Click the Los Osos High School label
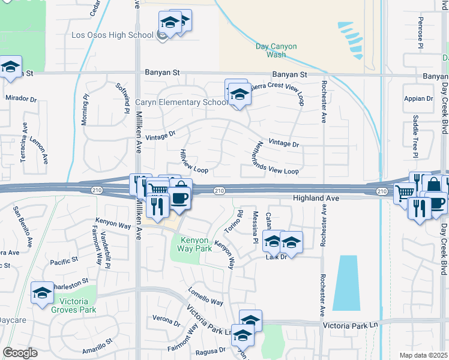113,35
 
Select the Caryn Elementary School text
181,102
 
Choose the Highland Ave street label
316,198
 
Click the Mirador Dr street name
21,98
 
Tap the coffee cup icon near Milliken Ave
178,198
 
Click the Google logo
20,353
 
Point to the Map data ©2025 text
424,355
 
